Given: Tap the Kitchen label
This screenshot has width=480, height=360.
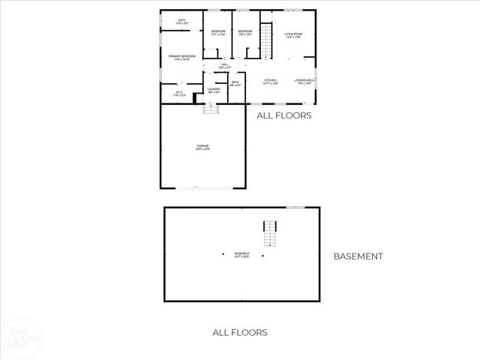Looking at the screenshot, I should point(271,81).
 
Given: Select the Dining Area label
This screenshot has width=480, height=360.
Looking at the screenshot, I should point(304,81).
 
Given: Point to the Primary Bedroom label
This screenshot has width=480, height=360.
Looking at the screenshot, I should point(182,57).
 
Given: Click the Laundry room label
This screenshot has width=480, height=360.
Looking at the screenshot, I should point(214,90).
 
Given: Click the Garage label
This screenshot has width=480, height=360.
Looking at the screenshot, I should point(202,147).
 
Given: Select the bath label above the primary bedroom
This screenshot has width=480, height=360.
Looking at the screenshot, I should point(182,22).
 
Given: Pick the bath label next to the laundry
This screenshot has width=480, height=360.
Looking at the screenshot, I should point(235,83).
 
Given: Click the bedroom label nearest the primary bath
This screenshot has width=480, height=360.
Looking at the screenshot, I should point(217,31).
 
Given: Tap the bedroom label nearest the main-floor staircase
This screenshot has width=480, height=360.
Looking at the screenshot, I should point(244,31).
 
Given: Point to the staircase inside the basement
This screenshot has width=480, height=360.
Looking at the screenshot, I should point(270,233).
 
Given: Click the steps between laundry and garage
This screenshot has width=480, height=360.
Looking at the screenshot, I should point(211,107).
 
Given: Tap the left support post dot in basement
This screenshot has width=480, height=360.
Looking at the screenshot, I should point(223,254).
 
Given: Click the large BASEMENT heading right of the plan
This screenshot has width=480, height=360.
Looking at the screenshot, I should point(358,256).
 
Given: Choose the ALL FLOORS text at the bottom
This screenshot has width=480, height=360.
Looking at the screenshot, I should point(240,332).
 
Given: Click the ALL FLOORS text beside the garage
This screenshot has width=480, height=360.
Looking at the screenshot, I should point(283,115).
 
